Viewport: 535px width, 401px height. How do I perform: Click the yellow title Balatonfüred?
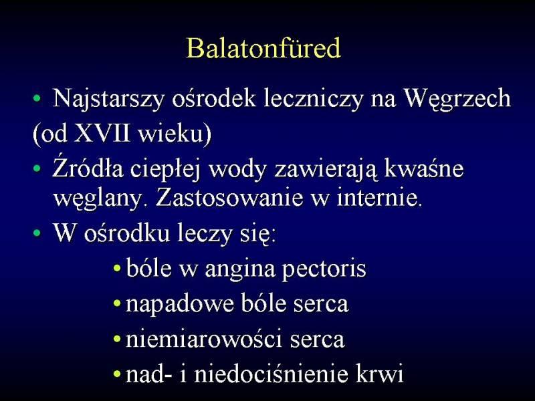(263, 47)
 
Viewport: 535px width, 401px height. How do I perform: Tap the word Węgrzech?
(457, 99)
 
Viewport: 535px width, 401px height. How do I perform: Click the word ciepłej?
(165, 170)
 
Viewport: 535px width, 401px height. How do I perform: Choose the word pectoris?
(324, 269)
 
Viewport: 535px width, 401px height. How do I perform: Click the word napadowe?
(179, 304)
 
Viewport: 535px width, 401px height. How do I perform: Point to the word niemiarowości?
(204, 339)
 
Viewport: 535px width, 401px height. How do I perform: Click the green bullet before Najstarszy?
(37, 99)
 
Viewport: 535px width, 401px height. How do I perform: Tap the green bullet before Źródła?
(37, 168)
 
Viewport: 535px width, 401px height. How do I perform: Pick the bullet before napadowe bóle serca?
(117, 303)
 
